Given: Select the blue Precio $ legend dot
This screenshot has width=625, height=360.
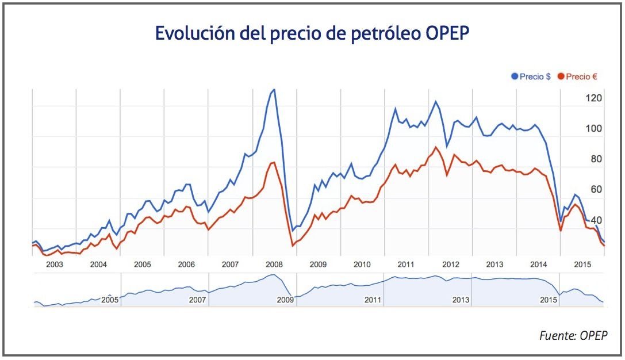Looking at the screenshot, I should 515,76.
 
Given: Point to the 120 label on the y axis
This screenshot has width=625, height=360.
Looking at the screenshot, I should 594,98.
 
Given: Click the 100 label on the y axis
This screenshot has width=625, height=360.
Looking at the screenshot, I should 594,128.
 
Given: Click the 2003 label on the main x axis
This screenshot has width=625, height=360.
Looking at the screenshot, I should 55,265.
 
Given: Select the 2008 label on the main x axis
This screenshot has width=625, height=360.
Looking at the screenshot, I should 274,265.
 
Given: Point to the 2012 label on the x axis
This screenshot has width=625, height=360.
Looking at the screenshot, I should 450,265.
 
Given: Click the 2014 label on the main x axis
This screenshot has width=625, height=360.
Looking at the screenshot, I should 539,265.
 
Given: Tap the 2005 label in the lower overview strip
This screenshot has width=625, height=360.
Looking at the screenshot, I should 109,300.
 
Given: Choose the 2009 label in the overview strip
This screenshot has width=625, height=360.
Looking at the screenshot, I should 285,300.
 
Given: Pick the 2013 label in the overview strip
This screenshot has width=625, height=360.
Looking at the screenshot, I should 461,300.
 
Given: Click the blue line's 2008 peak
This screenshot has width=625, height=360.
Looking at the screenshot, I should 274,89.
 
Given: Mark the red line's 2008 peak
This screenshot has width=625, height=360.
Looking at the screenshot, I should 274,163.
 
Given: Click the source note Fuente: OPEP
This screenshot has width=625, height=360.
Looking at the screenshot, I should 573,336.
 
